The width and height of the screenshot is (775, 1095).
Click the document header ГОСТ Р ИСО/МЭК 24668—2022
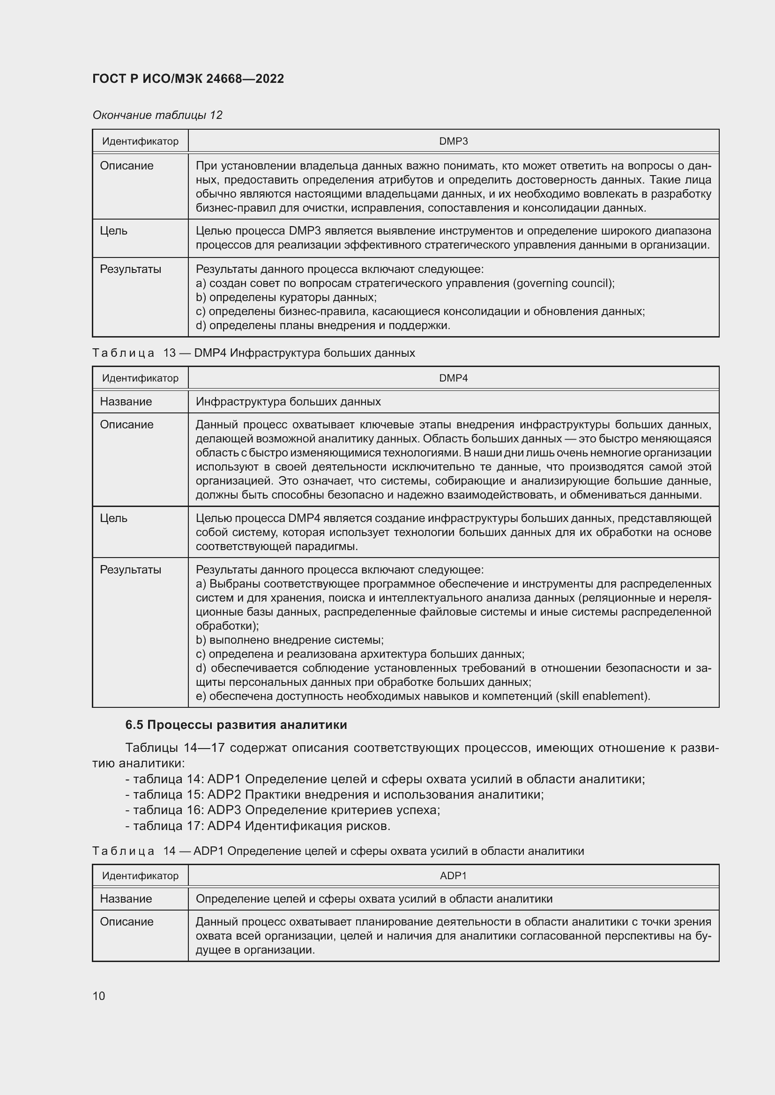188,79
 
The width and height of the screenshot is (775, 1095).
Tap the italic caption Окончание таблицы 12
157,115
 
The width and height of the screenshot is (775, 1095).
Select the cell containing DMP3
453,141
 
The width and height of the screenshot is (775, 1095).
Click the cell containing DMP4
453,378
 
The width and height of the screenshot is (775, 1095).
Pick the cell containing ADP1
453,875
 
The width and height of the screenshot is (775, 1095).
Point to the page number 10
99,996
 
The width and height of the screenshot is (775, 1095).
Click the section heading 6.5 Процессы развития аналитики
236,725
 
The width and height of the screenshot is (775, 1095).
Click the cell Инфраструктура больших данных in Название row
288,402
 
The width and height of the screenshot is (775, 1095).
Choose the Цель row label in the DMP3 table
113,231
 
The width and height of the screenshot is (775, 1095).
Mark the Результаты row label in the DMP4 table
130,570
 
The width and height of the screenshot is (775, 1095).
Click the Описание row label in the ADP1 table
127,922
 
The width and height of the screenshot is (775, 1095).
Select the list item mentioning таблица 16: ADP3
283,810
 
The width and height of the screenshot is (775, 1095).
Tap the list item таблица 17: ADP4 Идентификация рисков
258,826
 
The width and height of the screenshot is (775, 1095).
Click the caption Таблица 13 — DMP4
253,353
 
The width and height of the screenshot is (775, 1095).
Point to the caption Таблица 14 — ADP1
338,851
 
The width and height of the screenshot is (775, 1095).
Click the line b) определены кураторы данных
286,298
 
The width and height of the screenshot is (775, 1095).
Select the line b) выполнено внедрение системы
290,640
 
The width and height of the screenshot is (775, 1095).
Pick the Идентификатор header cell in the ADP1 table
140,875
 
